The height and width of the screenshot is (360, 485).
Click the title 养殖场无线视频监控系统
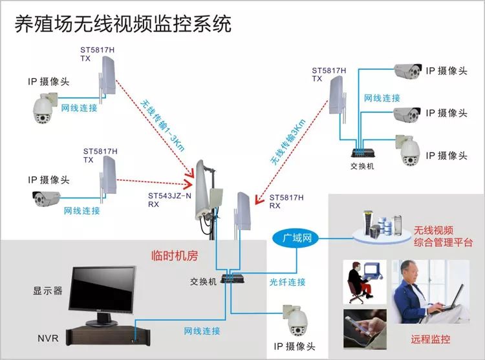[123, 25]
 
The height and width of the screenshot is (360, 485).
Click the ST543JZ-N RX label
[170, 200]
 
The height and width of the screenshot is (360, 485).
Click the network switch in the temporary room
[230, 279]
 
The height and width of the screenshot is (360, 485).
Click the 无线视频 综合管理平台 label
[442, 237]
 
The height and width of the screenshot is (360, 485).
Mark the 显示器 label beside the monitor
[48, 291]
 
